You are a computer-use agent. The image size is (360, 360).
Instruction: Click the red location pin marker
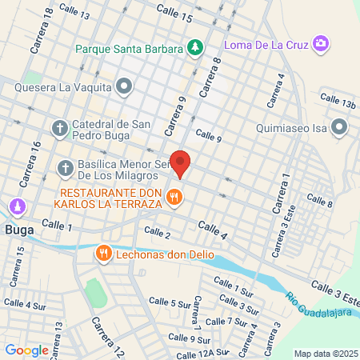tap(181, 163)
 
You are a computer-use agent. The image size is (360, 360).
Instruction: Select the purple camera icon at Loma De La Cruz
tap(320, 42)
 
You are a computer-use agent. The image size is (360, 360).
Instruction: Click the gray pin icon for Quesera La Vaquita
tap(123, 86)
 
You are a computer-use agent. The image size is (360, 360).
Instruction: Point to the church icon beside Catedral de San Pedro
tap(60, 128)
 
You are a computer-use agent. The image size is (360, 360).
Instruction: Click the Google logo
tap(26, 350)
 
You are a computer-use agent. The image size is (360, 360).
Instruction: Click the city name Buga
tap(18, 229)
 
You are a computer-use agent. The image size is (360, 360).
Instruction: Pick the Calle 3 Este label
tap(335, 290)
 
